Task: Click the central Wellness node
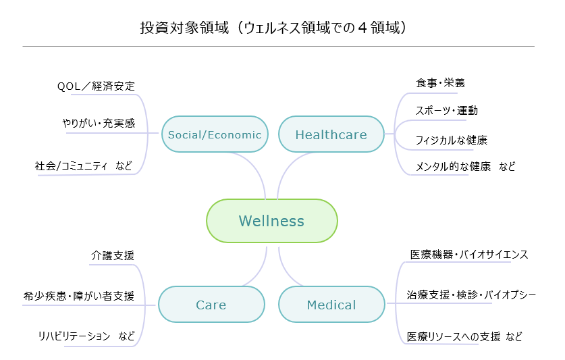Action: coord(271,221)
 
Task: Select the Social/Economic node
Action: coord(215,134)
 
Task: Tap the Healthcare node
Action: coord(331,134)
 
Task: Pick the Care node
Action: coord(211,305)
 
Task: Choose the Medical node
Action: coord(331,305)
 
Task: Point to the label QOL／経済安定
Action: coord(96,86)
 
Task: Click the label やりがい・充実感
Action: coord(99,124)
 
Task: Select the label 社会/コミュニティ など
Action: coord(84,165)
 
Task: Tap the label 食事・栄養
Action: coord(440,83)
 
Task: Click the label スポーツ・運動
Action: coord(446,111)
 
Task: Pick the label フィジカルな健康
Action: coord(451,140)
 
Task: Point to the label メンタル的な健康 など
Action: coord(465,166)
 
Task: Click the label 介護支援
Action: coord(113,255)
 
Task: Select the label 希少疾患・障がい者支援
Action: coord(79,296)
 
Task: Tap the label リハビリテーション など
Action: coord(86,336)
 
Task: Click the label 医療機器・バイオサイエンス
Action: coord(469,255)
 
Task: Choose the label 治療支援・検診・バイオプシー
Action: coord(471,295)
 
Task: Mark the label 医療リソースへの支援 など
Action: coord(464,336)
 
